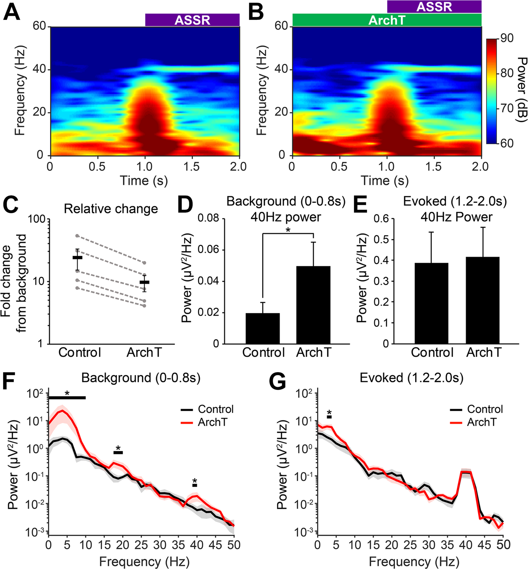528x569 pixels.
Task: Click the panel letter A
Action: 11,13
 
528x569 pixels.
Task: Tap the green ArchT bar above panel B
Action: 387,20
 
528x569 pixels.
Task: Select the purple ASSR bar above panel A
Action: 192,20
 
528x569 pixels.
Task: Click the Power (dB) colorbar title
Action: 521,90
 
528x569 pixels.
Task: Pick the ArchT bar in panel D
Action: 313,305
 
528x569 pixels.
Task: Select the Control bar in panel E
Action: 432,303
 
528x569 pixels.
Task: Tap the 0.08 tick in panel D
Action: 209,219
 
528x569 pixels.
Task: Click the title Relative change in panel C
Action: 111,209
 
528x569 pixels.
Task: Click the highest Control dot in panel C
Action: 78,236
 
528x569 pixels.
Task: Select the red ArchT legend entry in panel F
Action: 205,422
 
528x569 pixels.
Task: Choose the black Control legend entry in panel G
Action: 477,409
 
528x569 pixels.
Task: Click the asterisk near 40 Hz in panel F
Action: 195,481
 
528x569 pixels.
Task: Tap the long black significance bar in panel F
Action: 67,398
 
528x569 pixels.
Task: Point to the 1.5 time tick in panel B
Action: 433,167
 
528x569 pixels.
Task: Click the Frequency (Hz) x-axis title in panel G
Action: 414,562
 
